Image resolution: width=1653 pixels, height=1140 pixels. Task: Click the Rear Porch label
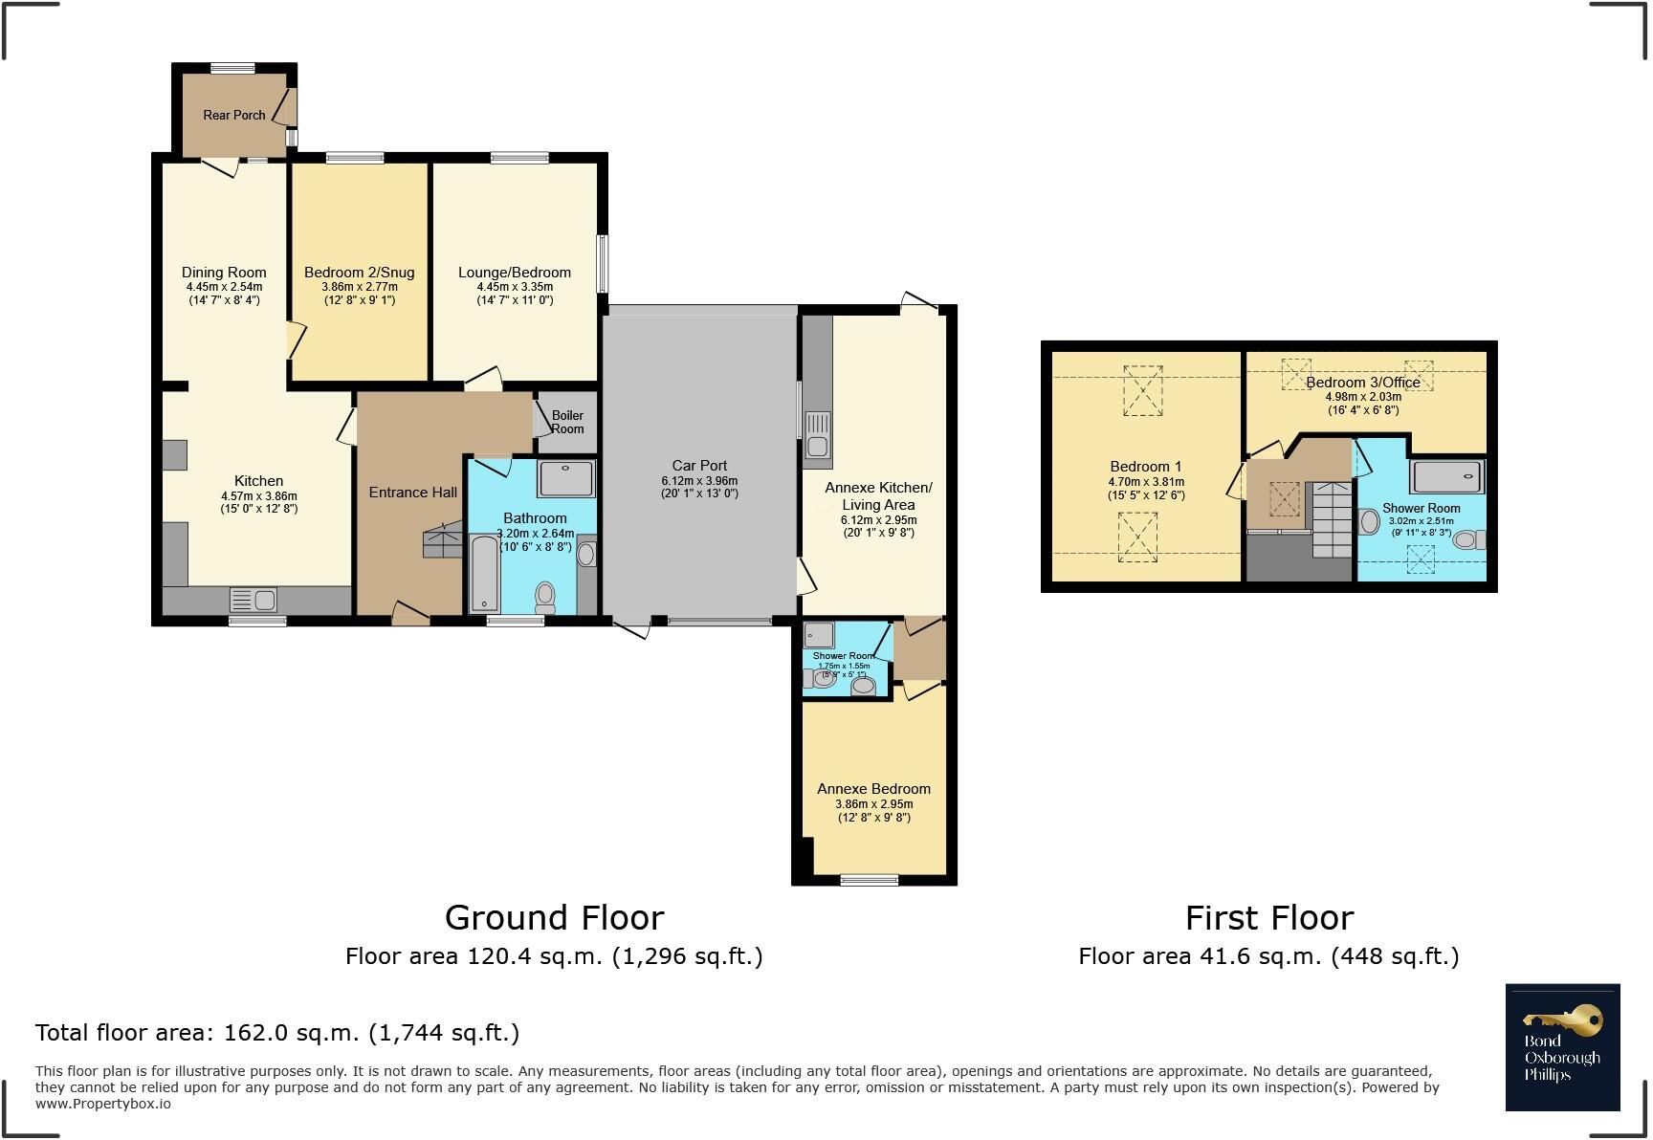pyautogui.click(x=234, y=115)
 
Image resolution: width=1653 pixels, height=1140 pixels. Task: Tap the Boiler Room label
pyautogui.click(x=567, y=422)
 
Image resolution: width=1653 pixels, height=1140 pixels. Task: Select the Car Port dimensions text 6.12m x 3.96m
pyautogui.click(x=699, y=481)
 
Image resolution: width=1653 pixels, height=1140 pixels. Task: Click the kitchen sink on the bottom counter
pyautogui.click(x=253, y=601)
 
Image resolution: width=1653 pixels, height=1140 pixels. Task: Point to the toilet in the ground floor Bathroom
pyautogui.click(x=545, y=597)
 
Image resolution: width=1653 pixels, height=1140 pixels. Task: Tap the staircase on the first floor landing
pyautogui.click(x=1331, y=519)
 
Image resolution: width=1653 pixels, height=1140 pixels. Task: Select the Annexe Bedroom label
pyautogui.click(x=873, y=789)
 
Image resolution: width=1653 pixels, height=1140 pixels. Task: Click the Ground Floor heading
pyautogui.click(x=554, y=918)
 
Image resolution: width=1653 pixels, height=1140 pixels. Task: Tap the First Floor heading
pyautogui.click(x=1268, y=918)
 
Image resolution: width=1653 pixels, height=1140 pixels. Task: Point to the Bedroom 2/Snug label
pyautogui.click(x=359, y=273)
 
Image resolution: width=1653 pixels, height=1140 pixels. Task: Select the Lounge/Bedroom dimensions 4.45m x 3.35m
pyautogui.click(x=515, y=287)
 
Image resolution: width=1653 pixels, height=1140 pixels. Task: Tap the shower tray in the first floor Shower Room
pyautogui.click(x=1447, y=476)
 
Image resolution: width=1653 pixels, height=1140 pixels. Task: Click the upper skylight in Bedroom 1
pyautogui.click(x=1142, y=390)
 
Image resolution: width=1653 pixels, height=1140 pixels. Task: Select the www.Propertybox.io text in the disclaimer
pyautogui.click(x=103, y=1104)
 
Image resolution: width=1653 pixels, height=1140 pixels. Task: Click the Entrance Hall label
pyautogui.click(x=413, y=493)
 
